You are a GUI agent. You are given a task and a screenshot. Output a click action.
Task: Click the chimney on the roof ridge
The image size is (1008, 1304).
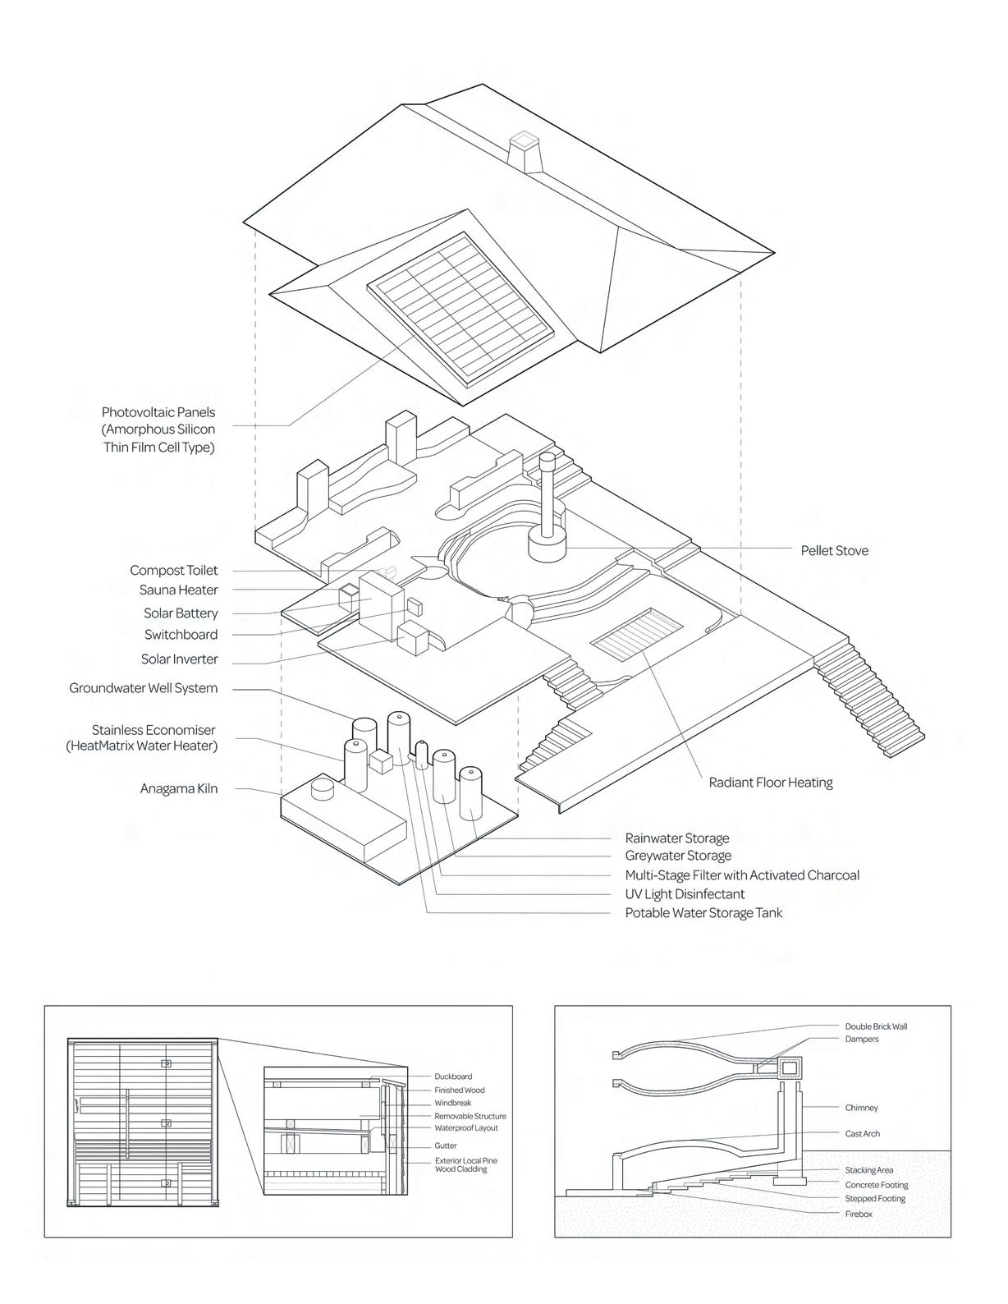pyautogui.click(x=524, y=151)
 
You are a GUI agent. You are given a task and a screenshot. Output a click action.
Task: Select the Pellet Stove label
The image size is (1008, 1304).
pyautogui.click(x=834, y=550)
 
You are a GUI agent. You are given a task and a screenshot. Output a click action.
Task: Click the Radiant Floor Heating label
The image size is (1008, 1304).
pyautogui.click(x=770, y=783)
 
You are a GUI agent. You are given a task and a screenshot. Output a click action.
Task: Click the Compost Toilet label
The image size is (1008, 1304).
pyautogui.click(x=174, y=571)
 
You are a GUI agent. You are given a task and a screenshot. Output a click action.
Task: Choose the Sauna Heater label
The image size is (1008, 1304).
pyautogui.click(x=179, y=590)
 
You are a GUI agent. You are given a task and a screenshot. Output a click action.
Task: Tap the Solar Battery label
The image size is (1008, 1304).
pyautogui.click(x=181, y=613)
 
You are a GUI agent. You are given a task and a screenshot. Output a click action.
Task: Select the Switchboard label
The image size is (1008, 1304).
pyautogui.click(x=181, y=635)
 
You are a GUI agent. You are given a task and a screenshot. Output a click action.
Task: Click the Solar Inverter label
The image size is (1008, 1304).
pyautogui.click(x=180, y=659)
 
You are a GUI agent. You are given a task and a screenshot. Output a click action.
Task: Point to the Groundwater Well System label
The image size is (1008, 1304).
pyautogui.click(x=144, y=688)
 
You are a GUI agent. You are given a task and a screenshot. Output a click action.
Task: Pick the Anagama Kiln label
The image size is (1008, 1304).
pyautogui.click(x=179, y=789)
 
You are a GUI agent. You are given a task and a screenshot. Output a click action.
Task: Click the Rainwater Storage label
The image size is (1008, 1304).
pyautogui.click(x=677, y=838)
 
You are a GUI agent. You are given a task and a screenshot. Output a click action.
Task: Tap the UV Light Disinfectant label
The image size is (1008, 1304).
pyautogui.click(x=685, y=894)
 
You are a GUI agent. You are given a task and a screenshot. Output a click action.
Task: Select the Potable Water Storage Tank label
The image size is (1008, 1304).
pyautogui.click(x=703, y=913)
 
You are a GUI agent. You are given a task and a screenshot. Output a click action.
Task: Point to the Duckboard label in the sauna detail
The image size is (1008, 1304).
pyautogui.click(x=453, y=1077)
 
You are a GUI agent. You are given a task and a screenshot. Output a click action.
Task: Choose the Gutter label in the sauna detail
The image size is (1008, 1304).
pyautogui.click(x=446, y=1146)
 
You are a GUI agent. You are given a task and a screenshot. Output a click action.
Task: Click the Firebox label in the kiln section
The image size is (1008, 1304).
pyautogui.click(x=859, y=1214)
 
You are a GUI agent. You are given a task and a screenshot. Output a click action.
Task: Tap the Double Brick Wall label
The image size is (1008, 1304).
pyautogui.click(x=876, y=1026)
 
